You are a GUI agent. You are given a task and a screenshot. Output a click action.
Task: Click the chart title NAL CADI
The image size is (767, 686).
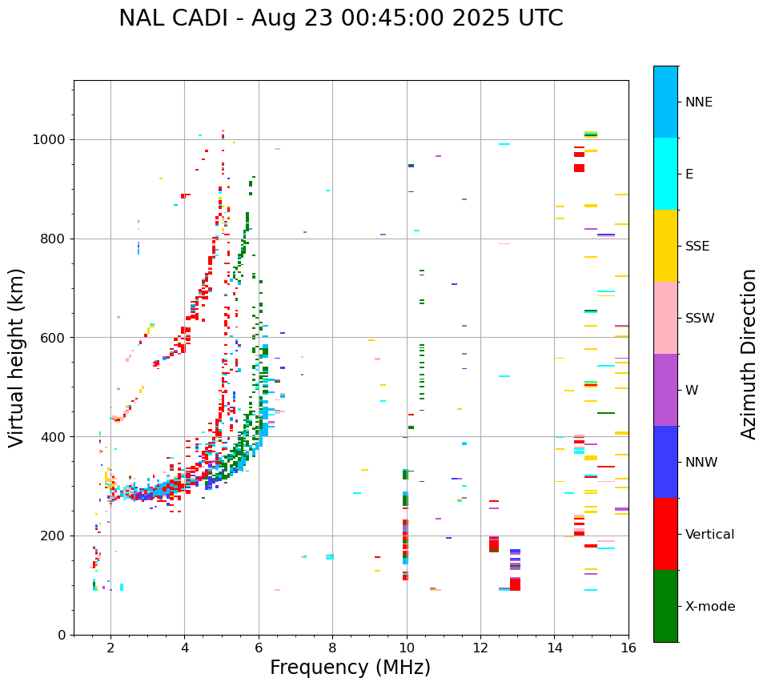pos(340,18)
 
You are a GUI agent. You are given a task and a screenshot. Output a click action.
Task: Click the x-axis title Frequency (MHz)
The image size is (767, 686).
pos(350,668)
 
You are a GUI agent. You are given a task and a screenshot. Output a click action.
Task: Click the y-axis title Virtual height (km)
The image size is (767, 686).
pos(18,357)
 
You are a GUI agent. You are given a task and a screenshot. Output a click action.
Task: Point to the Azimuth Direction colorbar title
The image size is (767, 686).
pos(749,354)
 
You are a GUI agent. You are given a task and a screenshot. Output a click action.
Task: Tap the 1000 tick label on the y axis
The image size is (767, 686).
pos(50,140)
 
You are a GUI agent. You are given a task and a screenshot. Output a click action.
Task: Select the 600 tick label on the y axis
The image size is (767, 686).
pos(53,338)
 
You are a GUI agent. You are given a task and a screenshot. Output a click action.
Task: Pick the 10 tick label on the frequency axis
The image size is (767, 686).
pos(407,648)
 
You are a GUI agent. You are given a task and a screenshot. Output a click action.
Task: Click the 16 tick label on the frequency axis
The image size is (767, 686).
pos(628,648)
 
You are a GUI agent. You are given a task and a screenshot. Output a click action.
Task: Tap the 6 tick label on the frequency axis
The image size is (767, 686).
pos(259,648)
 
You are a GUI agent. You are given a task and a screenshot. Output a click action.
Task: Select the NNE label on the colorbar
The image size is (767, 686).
pos(698,102)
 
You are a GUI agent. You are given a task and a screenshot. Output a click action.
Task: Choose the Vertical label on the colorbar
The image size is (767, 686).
pos(709,535)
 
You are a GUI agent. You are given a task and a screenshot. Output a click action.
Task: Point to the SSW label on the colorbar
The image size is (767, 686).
pos(700,319)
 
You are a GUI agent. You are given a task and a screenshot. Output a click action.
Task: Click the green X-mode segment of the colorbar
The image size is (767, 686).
pos(665,606)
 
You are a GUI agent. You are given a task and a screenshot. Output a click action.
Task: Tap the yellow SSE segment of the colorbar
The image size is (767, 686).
pos(665,246)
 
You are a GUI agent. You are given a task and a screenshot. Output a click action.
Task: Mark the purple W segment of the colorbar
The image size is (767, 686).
pos(665,390)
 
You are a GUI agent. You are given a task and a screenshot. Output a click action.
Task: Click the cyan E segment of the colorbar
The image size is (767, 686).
pos(665,174)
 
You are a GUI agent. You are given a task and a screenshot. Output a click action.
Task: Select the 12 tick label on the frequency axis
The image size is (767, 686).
pos(480,648)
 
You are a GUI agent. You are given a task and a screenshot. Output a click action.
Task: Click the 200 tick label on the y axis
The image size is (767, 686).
pos(53,536)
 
